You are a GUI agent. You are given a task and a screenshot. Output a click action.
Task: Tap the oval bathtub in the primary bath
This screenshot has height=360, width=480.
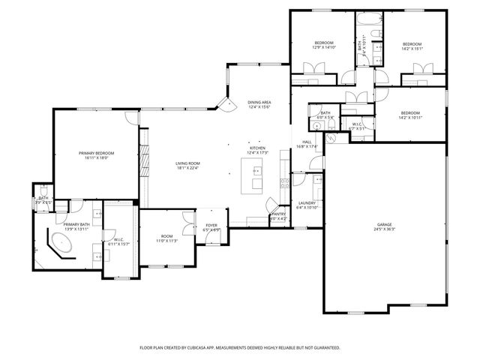tap(60, 244)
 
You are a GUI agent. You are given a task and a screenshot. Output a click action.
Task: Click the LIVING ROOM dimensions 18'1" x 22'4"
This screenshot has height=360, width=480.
tap(187, 168)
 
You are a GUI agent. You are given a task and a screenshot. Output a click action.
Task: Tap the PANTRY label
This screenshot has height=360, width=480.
tap(278, 215)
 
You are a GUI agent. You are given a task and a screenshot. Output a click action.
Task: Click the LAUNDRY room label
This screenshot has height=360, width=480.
tap(307, 204)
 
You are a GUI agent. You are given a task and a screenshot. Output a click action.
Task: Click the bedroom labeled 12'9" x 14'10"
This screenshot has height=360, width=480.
tap(323, 45)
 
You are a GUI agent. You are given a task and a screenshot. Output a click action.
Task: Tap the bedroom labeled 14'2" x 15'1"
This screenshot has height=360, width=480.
tap(412, 46)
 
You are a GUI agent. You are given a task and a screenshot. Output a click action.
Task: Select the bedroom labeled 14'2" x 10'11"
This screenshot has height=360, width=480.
tap(410, 115)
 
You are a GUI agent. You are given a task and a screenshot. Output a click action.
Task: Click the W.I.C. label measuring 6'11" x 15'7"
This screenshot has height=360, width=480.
tap(118, 241)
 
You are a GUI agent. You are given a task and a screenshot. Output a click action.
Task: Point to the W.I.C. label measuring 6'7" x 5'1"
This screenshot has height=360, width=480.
tap(357, 126)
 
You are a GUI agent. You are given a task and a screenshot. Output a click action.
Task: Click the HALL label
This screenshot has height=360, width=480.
tap(307, 143)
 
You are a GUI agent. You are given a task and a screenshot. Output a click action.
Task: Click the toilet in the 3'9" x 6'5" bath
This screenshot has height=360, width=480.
tap(43, 193)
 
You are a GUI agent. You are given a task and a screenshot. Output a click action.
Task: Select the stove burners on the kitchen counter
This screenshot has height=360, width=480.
tap(283, 181)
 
